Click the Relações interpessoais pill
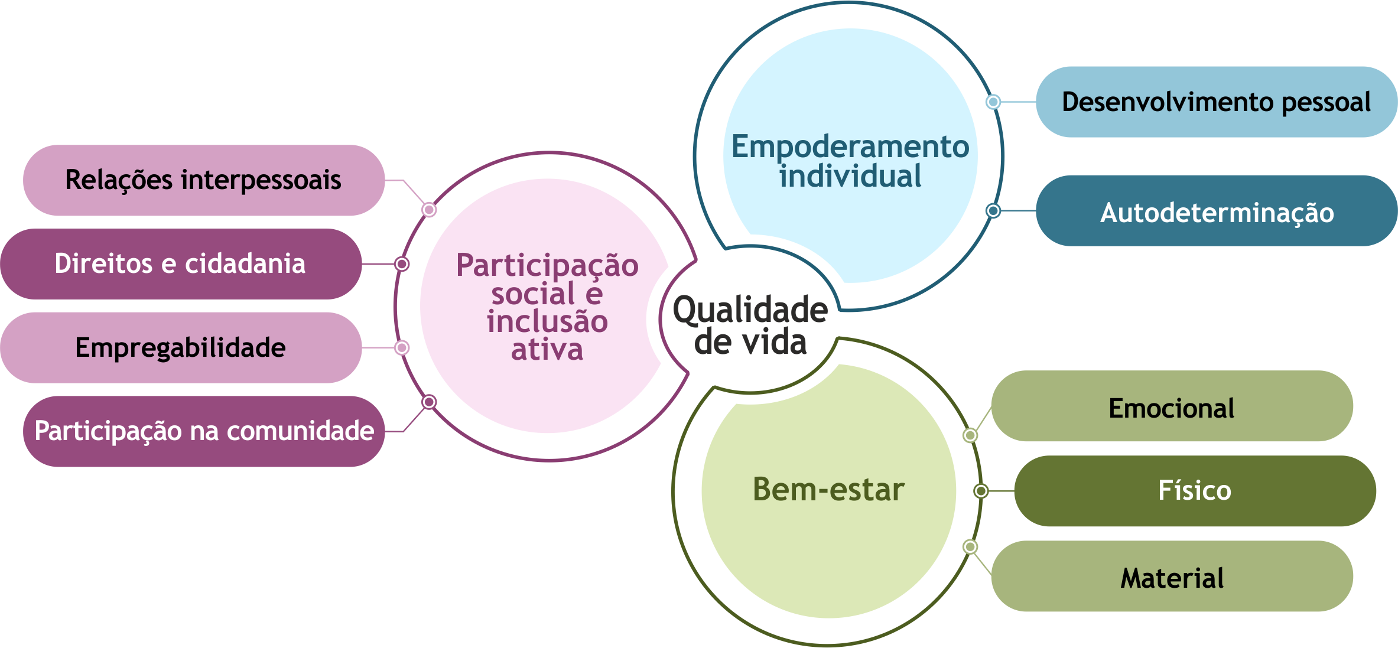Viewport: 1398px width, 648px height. [203, 180]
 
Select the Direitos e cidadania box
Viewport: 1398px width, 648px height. [180, 263]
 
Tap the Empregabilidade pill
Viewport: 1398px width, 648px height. [180, 347]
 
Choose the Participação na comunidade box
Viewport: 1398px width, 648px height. [204, 431]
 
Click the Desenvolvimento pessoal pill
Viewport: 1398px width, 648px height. [1216, 102]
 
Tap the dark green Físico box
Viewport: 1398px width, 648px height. [1195, 491]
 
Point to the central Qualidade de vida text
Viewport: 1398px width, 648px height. [750, 326]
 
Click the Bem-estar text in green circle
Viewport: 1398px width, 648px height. [828, 490]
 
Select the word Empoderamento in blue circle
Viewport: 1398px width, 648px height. [850, 146]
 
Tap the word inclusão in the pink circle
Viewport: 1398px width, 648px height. [547, 322]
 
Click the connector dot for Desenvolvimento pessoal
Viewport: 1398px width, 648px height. [993, 102]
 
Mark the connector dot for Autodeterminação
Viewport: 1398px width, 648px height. [993, 210]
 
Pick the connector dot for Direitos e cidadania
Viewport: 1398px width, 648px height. [402, 263]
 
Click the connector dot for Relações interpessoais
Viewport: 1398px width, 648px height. [429, 210]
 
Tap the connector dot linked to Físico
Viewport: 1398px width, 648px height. [981, 491]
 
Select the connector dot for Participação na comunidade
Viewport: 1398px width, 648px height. [429, 402]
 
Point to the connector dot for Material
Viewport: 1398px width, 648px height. [970, 547]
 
